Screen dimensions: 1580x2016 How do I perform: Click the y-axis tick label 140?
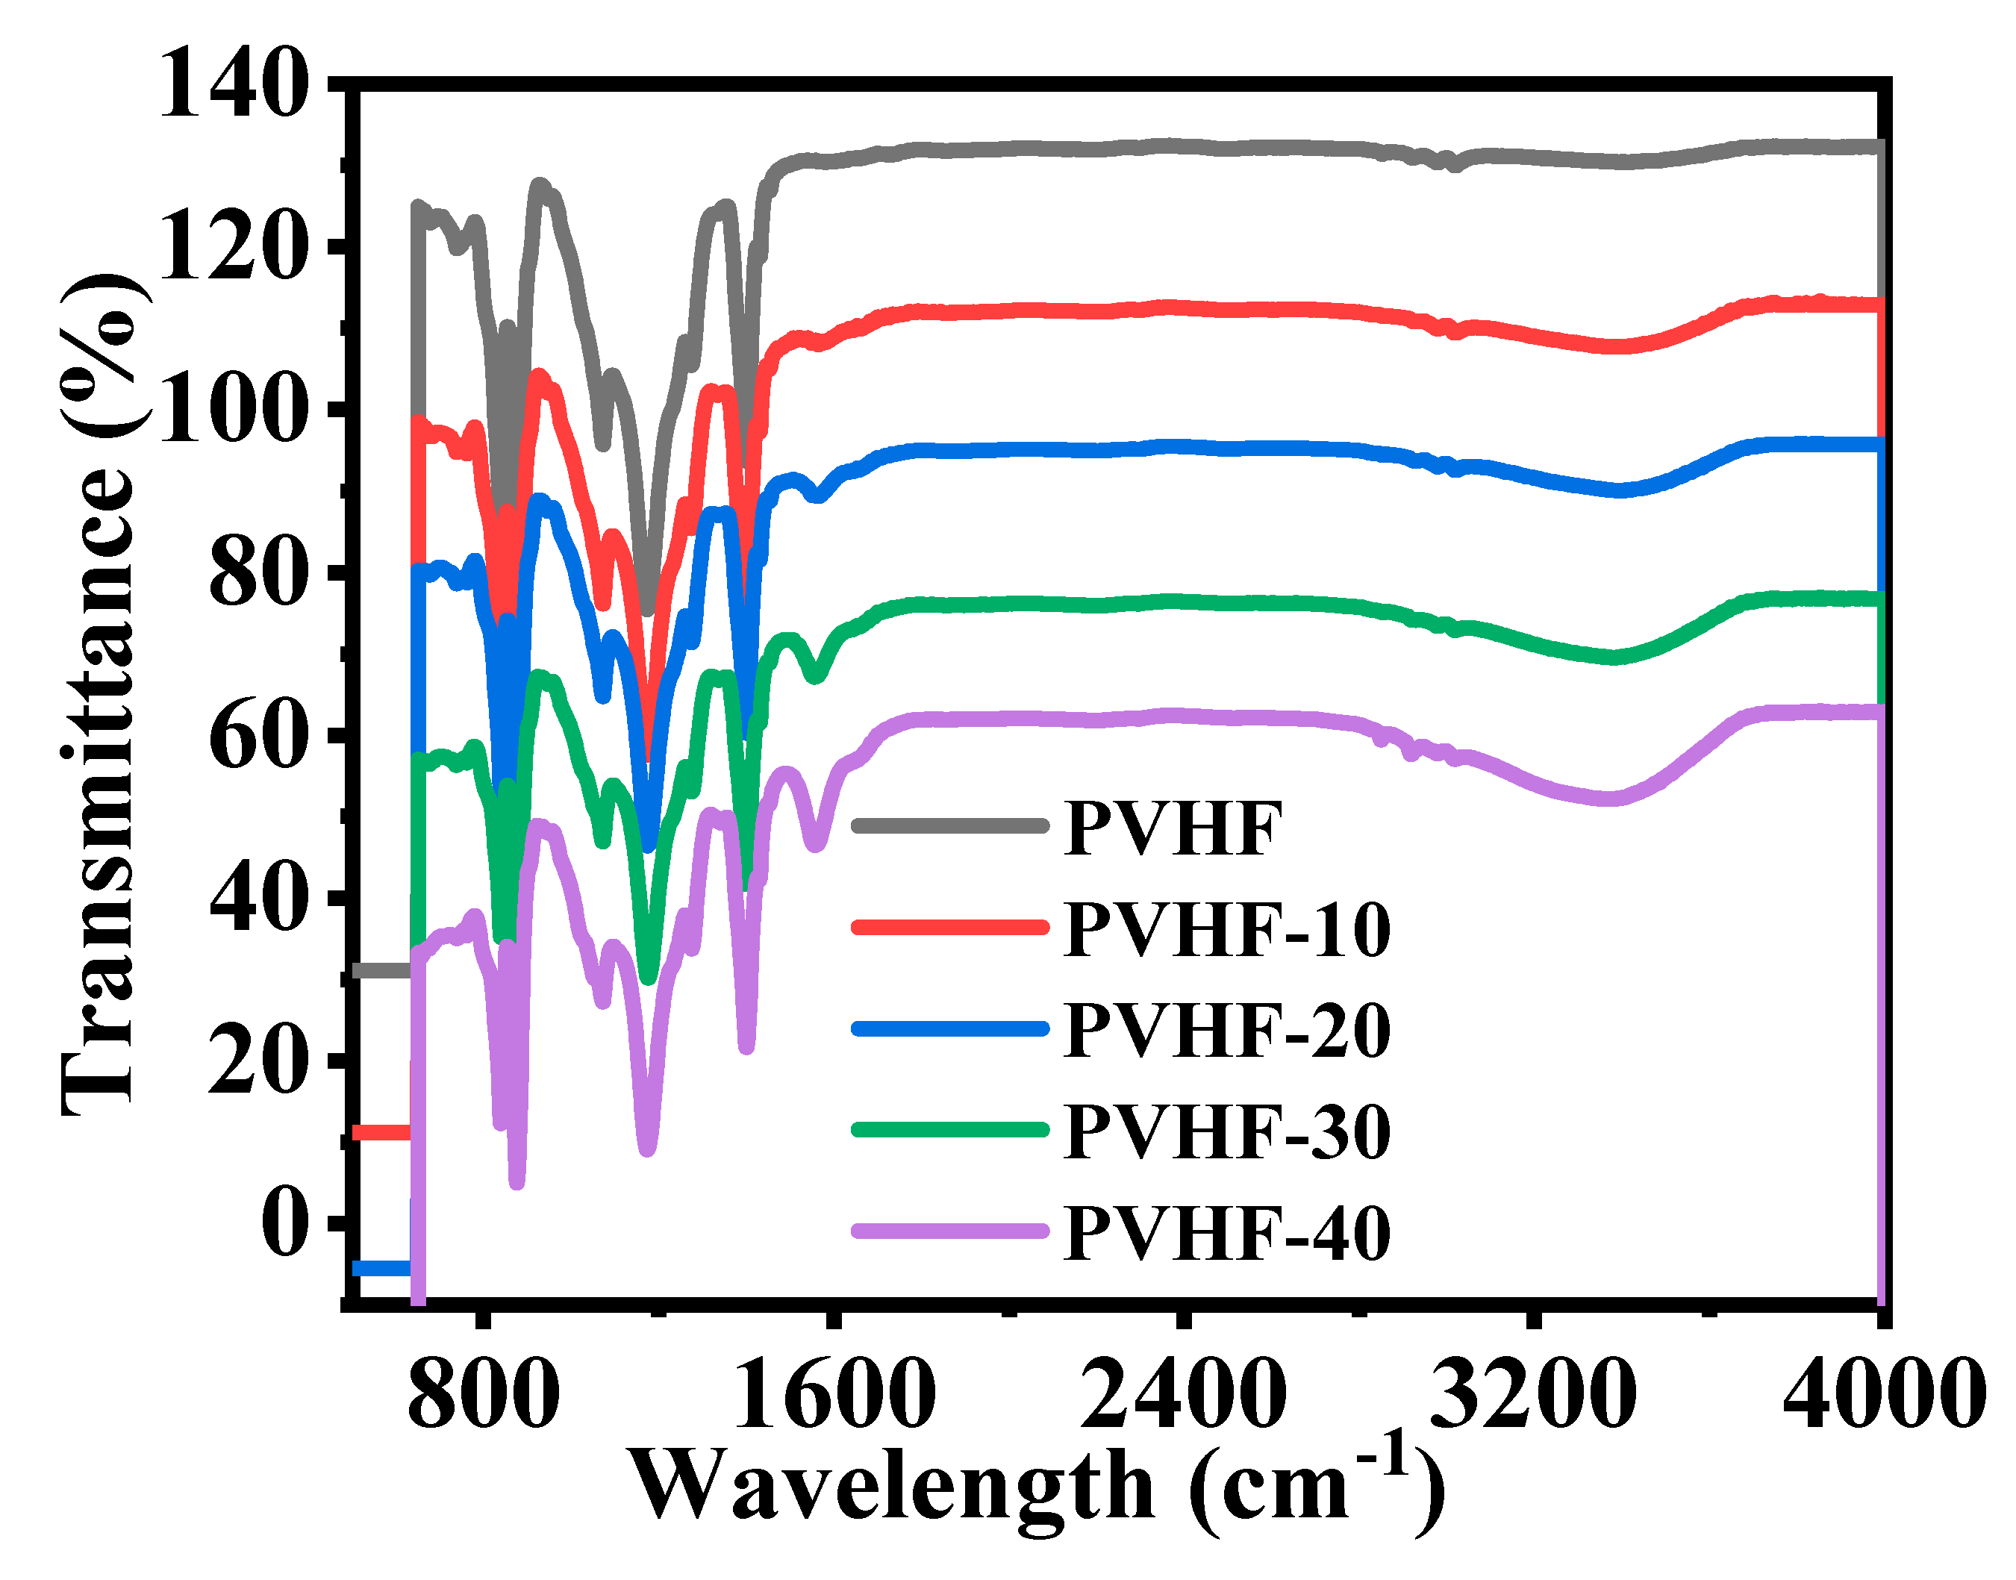[x=233, y=85]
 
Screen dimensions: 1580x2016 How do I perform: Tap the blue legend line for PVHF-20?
[x=950, y=1028]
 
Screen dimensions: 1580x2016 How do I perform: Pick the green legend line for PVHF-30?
[x=950, y=1129]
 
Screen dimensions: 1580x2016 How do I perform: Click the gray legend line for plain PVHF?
[x=950, y=826]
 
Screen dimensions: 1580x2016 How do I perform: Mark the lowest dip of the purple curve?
[x=517, y=1181]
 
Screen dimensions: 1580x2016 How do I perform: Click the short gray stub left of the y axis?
[x=381, y=970]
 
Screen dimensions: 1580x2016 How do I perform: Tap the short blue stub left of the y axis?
[x=381, y=1268]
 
